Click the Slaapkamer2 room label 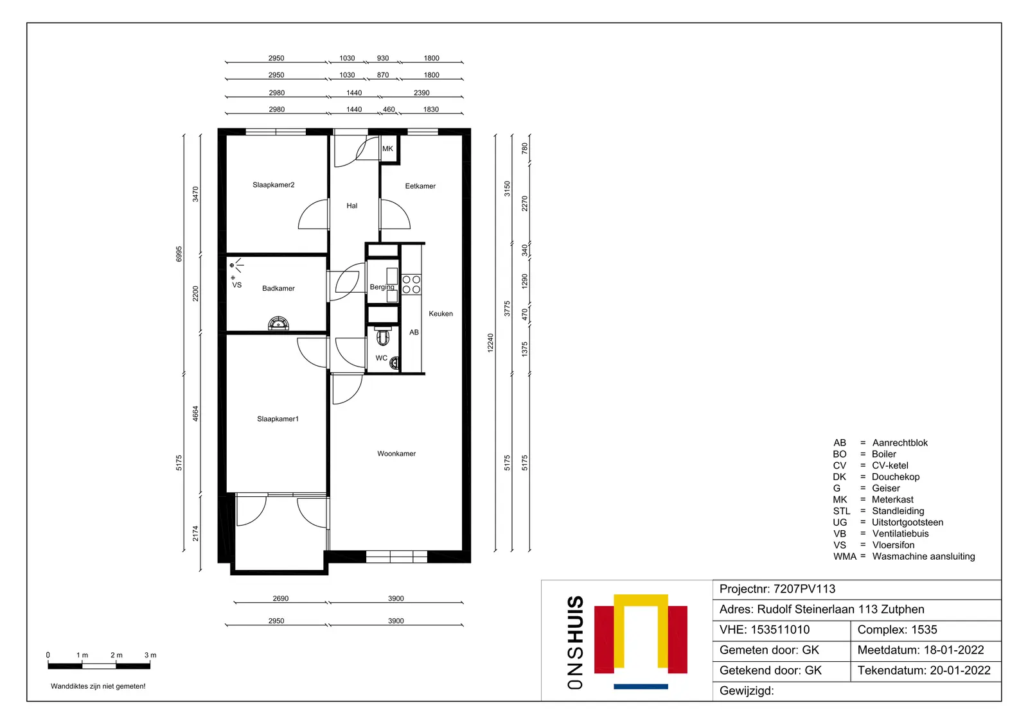click(x=274, y=185)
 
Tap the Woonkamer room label click(x=396, y=454)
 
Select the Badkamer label click(x=279, y=288)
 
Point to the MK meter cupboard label click(x=388, y=148)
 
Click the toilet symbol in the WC click(x=383, y=336)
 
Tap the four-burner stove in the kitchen click(x=411, y=284)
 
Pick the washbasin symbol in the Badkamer click(x=279, y=324)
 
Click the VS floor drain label click(x=237, y=285)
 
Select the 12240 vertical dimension click(x=491, y=343)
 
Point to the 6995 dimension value click(x=179, y=254)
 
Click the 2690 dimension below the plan click(x=281, y=598)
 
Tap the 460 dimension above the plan click(x=389, y=109)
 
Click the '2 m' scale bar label click(x=116, y=655)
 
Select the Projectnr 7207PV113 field click(x=777, y=589)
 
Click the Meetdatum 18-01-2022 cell click(x=921, y=650)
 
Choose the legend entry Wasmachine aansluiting click(x=923, y=557)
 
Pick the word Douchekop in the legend click(x=896, y=477)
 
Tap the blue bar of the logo click(x=641, y=687)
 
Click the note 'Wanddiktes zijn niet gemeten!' click(x=98, y=686)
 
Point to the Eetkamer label click(x=420, y=186)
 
